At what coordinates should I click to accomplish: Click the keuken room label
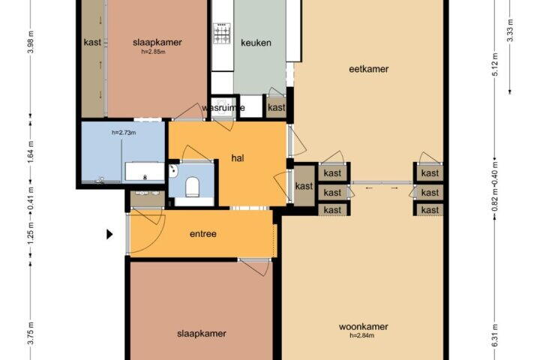[256, 43]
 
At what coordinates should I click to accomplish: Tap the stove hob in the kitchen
[222, 34]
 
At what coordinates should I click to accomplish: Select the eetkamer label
[369, 69]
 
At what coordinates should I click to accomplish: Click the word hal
[238, 158]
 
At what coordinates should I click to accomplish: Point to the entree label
[203, 234]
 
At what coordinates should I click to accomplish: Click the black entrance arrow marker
[109, 234]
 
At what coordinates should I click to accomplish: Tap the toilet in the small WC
[193, 187]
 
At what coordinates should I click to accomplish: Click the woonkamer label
[363, 326]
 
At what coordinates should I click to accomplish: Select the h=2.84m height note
[362, 335]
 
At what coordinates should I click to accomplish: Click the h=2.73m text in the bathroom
[124, 133]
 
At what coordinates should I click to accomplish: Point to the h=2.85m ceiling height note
[153, 52]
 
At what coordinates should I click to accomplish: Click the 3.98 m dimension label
[31, 42]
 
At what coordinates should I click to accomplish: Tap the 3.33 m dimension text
[510, 30]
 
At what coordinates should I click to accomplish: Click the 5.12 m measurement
[495, 64]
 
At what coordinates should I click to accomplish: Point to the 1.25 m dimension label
[31, 234]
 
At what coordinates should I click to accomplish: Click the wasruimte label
[223, 108]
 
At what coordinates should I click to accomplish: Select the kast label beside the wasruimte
[277, 107]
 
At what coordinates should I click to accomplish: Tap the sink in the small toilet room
[173, 171]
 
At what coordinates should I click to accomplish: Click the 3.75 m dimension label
[31, 333]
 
